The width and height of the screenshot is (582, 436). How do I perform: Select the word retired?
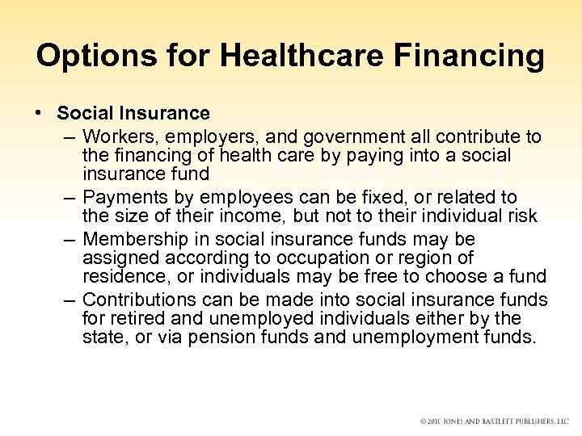pyautogui.click(x=135, y=319)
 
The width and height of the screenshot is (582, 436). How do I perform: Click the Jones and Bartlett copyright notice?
pyautogui.click(x=495, y=421)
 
